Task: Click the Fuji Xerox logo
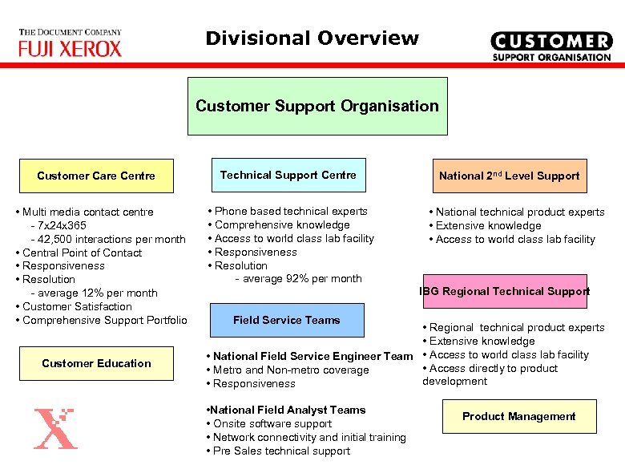pyautogui.click(x=71, y=44)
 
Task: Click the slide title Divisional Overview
pyautogui.click(x=312, y=38)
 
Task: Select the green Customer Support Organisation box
pyautogui.click(x=317, y=106)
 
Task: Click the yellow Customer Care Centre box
pyautogui.click(x=96, y=176)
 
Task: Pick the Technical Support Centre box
pyautogui.click(x=288, y=175)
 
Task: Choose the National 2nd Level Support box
pyautogui.click(x=509, y=176)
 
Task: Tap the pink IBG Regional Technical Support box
pyautogui.click(x=505, y=291)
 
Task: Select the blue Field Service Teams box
pyautogui.click(x=286, y=320)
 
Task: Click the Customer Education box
pyautogui.click(x=96, y=363)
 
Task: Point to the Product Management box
pyautogui.click(x=518, y=416)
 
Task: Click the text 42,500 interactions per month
pyautogui.click(x=107, y=239)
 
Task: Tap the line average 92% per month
pyautogui.click(x=298, y=279)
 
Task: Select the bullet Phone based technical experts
pyautogui.click(x=288, y=211)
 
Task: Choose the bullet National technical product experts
pyautogui.click(x=516, y=212)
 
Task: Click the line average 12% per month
pyautogui.click(x=93, y=293)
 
